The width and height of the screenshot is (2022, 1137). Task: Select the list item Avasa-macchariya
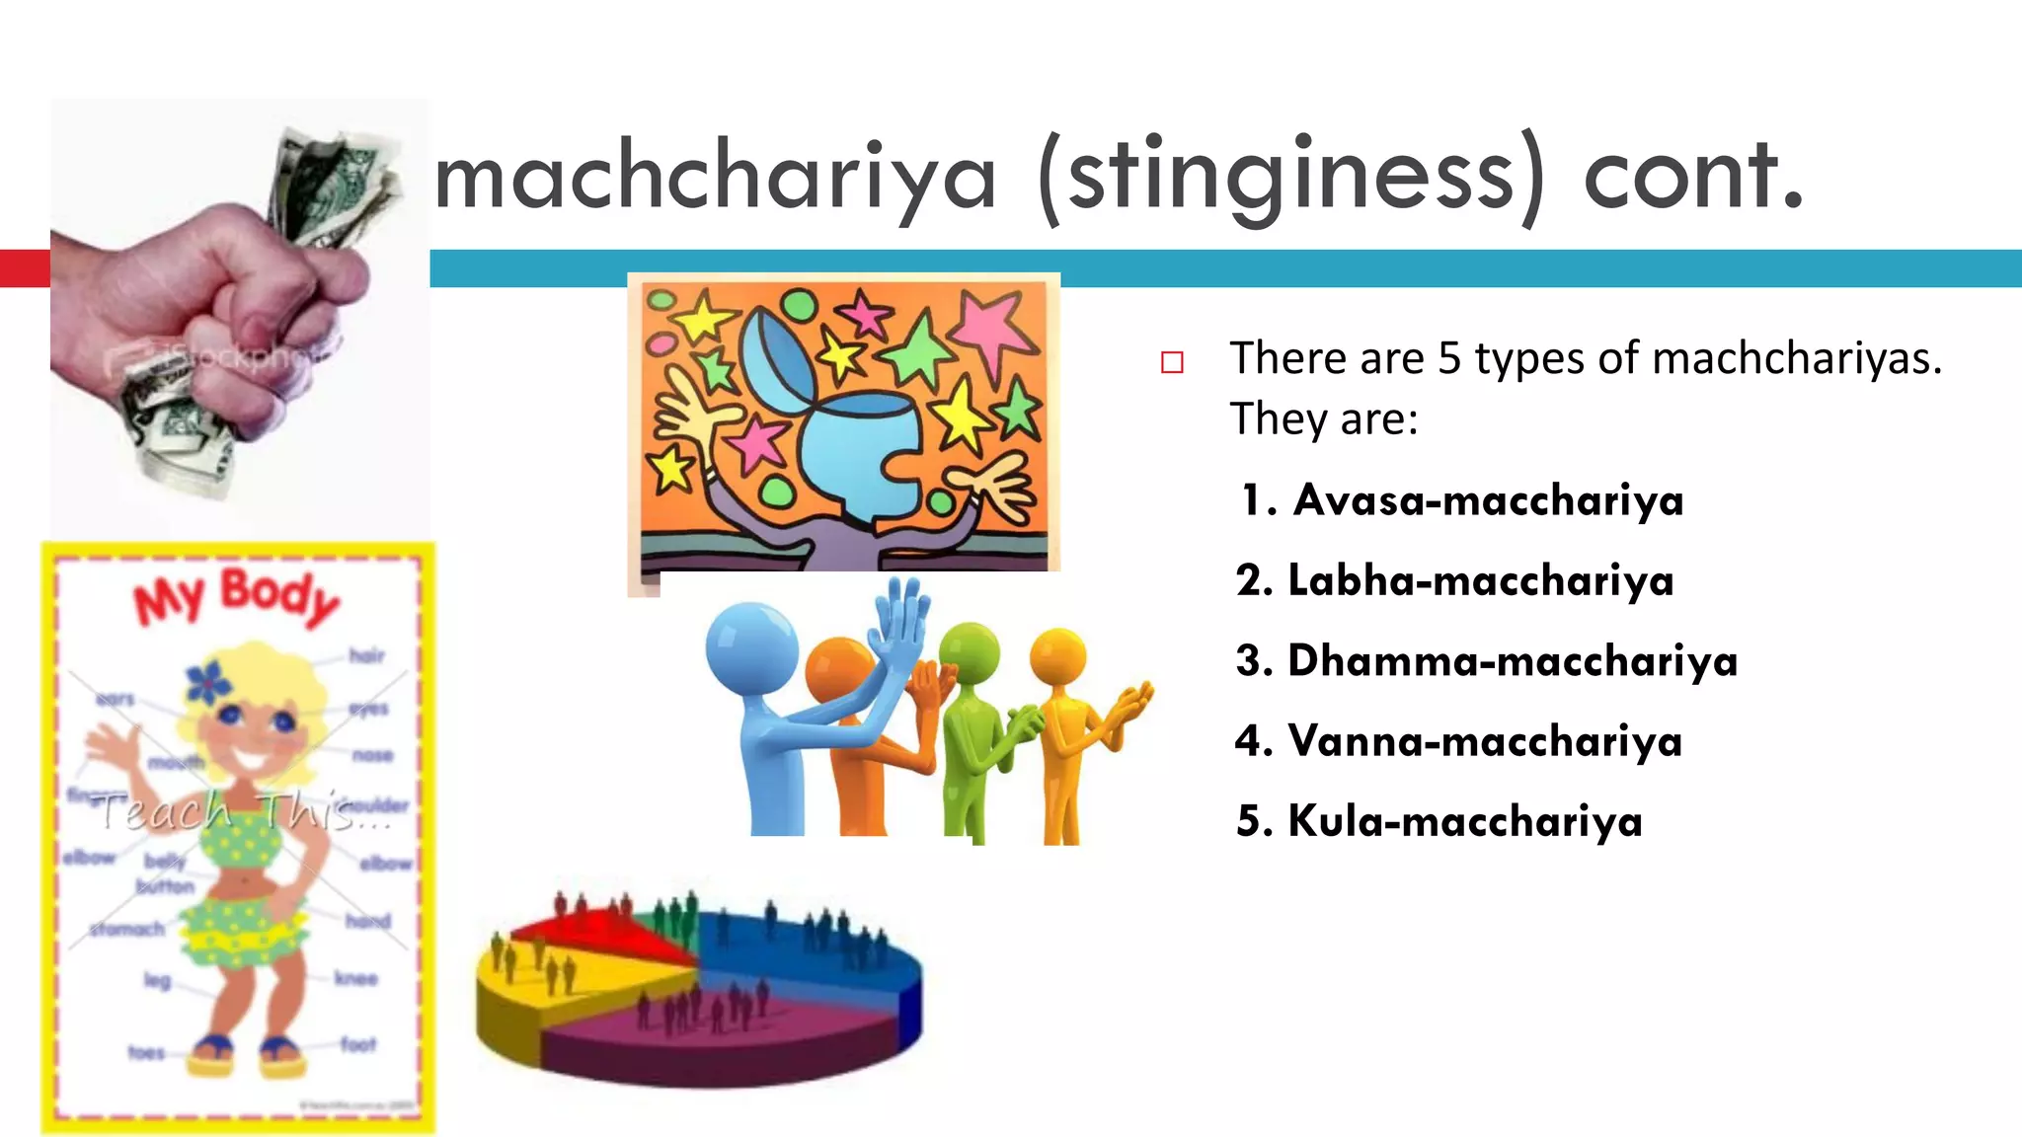1488,500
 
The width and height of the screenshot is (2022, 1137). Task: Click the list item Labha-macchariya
1481,580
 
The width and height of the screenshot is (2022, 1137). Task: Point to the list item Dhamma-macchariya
1513,661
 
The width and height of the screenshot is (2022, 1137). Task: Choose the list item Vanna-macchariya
1485,741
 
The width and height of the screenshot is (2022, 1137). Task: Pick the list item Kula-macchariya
1465,821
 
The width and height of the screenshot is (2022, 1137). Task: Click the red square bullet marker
1172,363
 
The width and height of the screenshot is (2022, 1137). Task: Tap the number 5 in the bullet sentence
1448,358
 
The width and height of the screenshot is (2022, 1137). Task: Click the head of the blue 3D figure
751,647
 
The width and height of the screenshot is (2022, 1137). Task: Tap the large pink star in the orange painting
992,326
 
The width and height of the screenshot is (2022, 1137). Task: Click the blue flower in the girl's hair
207,681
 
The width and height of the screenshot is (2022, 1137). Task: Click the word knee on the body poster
356,978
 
